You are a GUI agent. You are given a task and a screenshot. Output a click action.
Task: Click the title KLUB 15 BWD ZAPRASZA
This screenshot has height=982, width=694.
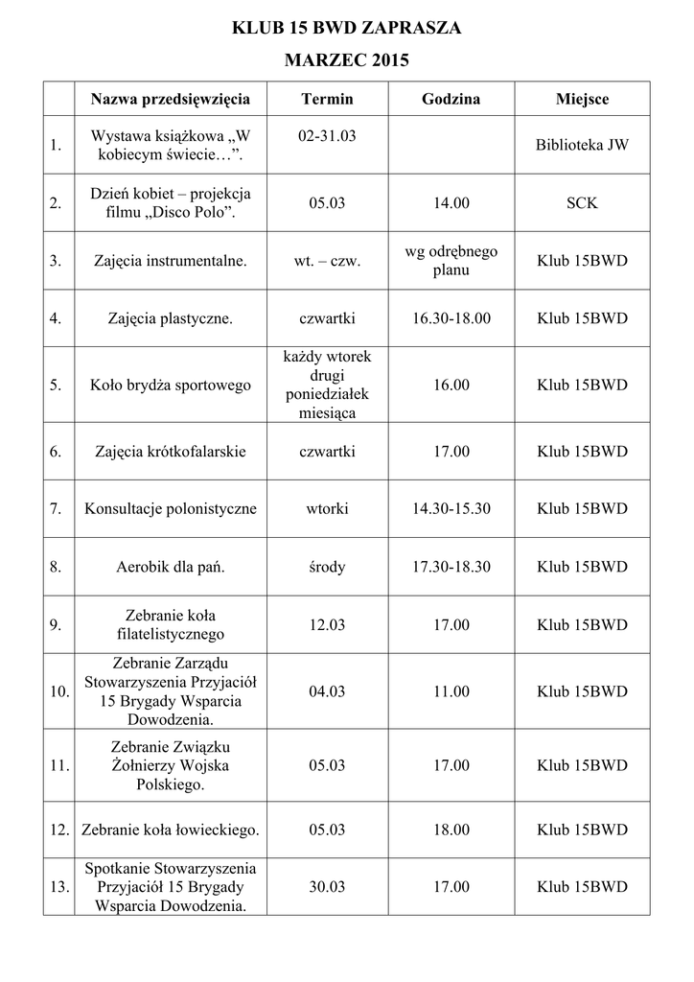point(347,29)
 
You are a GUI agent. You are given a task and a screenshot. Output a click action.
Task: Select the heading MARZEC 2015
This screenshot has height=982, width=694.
point(347,61)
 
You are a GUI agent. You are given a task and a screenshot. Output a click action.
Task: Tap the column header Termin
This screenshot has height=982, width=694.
point(327,99)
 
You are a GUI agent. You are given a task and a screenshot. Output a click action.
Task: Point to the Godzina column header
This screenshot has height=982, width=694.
point(451,99)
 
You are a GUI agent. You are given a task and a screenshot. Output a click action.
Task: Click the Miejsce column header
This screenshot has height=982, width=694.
point(582,99)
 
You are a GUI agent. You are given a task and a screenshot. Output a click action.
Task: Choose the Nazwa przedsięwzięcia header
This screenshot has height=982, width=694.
point(171,99)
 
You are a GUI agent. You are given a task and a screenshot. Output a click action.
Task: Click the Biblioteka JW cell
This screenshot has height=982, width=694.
point(582,145)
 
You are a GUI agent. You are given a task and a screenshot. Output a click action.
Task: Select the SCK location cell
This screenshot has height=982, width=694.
point(582,203)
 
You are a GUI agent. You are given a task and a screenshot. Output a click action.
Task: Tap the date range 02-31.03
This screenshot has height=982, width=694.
point(327,136)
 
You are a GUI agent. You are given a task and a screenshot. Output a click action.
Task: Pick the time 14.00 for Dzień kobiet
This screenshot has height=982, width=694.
point(451,203)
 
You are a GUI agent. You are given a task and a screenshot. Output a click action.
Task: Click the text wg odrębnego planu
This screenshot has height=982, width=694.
point(451,260)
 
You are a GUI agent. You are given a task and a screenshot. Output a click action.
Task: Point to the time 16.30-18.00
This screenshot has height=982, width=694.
point(451,317)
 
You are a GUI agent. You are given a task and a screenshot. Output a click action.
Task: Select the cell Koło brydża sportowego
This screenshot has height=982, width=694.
point(171,385)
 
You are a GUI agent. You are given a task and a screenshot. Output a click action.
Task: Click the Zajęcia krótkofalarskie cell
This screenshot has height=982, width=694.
point(171,451)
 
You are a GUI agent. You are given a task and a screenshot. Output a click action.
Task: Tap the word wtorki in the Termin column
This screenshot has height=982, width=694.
point(327,508)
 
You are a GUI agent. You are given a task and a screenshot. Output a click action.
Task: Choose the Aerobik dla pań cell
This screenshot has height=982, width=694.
point(171,567)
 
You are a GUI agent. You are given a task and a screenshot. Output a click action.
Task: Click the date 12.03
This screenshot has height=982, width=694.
point(327,624)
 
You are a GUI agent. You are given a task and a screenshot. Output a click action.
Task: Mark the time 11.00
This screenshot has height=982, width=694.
point(451,691)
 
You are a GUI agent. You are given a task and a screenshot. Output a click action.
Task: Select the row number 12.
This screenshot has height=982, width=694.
point(58,830)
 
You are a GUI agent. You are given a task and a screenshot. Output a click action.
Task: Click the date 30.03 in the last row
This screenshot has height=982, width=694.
point(327,887)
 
